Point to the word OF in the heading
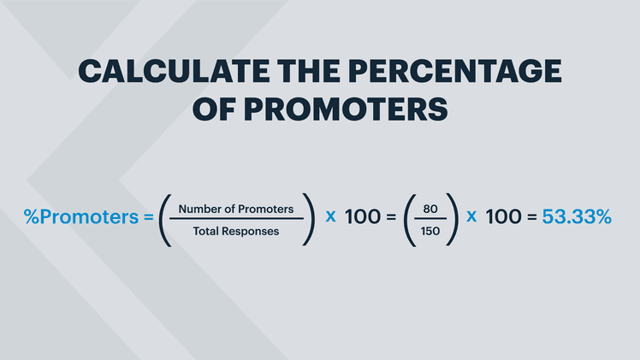coord(213,109)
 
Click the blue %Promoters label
coord(79,217)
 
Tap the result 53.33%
coord(578,217)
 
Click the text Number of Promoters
coord(236,208)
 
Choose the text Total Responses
coord(236,230)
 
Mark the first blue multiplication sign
coord(330,216)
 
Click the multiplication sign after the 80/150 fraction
coord(470,216)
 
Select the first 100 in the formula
coord(362,217)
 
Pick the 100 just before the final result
coord(502,217)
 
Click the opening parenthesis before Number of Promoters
coord(163,219)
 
